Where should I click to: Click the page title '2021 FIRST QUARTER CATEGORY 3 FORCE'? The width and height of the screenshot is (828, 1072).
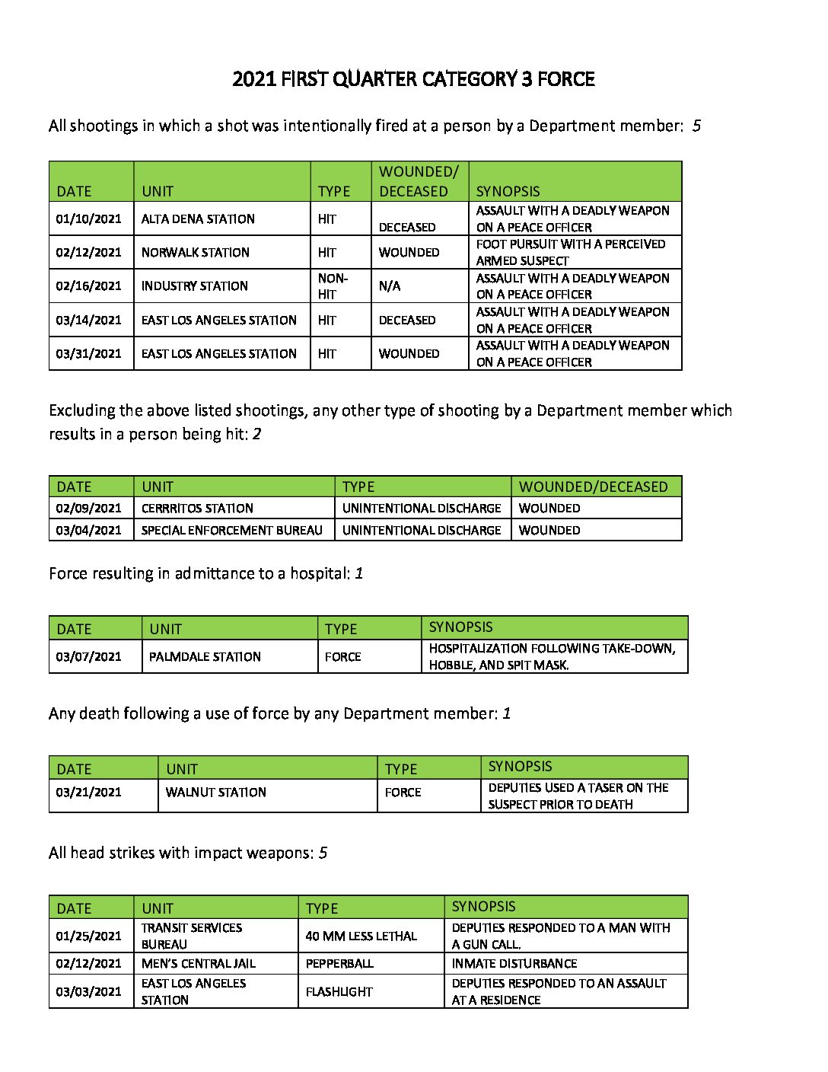coord(413,79)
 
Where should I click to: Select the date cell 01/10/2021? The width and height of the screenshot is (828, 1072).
coord(88,219)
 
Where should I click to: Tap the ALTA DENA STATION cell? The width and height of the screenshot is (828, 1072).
coord(198,219)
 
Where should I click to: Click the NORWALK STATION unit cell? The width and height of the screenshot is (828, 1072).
coord(196,253)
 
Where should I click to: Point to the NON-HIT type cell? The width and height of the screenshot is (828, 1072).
coord(333,286)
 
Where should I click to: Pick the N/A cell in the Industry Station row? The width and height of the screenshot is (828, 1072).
coord(390,286)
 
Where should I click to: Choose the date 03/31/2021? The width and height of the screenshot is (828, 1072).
coord(88,354)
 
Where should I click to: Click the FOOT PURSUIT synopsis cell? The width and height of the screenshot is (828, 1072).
coord(571,253)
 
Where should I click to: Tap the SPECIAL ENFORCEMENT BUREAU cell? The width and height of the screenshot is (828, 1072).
coord(232,531)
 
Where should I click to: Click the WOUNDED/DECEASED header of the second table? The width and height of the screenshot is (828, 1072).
coord(593,487)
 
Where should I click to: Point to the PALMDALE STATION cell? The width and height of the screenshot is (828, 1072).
coord(205,657)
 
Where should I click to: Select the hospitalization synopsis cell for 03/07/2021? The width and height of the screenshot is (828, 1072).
coord(552,657)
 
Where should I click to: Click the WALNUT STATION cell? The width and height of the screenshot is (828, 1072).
coord(216,793)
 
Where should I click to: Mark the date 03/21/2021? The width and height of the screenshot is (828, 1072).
coord(88,793)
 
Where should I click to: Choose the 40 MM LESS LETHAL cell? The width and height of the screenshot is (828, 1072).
coord(361,936)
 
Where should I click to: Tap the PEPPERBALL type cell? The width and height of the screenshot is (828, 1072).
coord(339,964)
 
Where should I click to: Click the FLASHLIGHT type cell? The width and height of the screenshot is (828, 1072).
coord(339,992)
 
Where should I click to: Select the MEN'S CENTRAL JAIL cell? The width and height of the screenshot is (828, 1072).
coord(199,964)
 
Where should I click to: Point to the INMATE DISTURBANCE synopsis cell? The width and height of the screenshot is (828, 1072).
coord(514,964)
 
